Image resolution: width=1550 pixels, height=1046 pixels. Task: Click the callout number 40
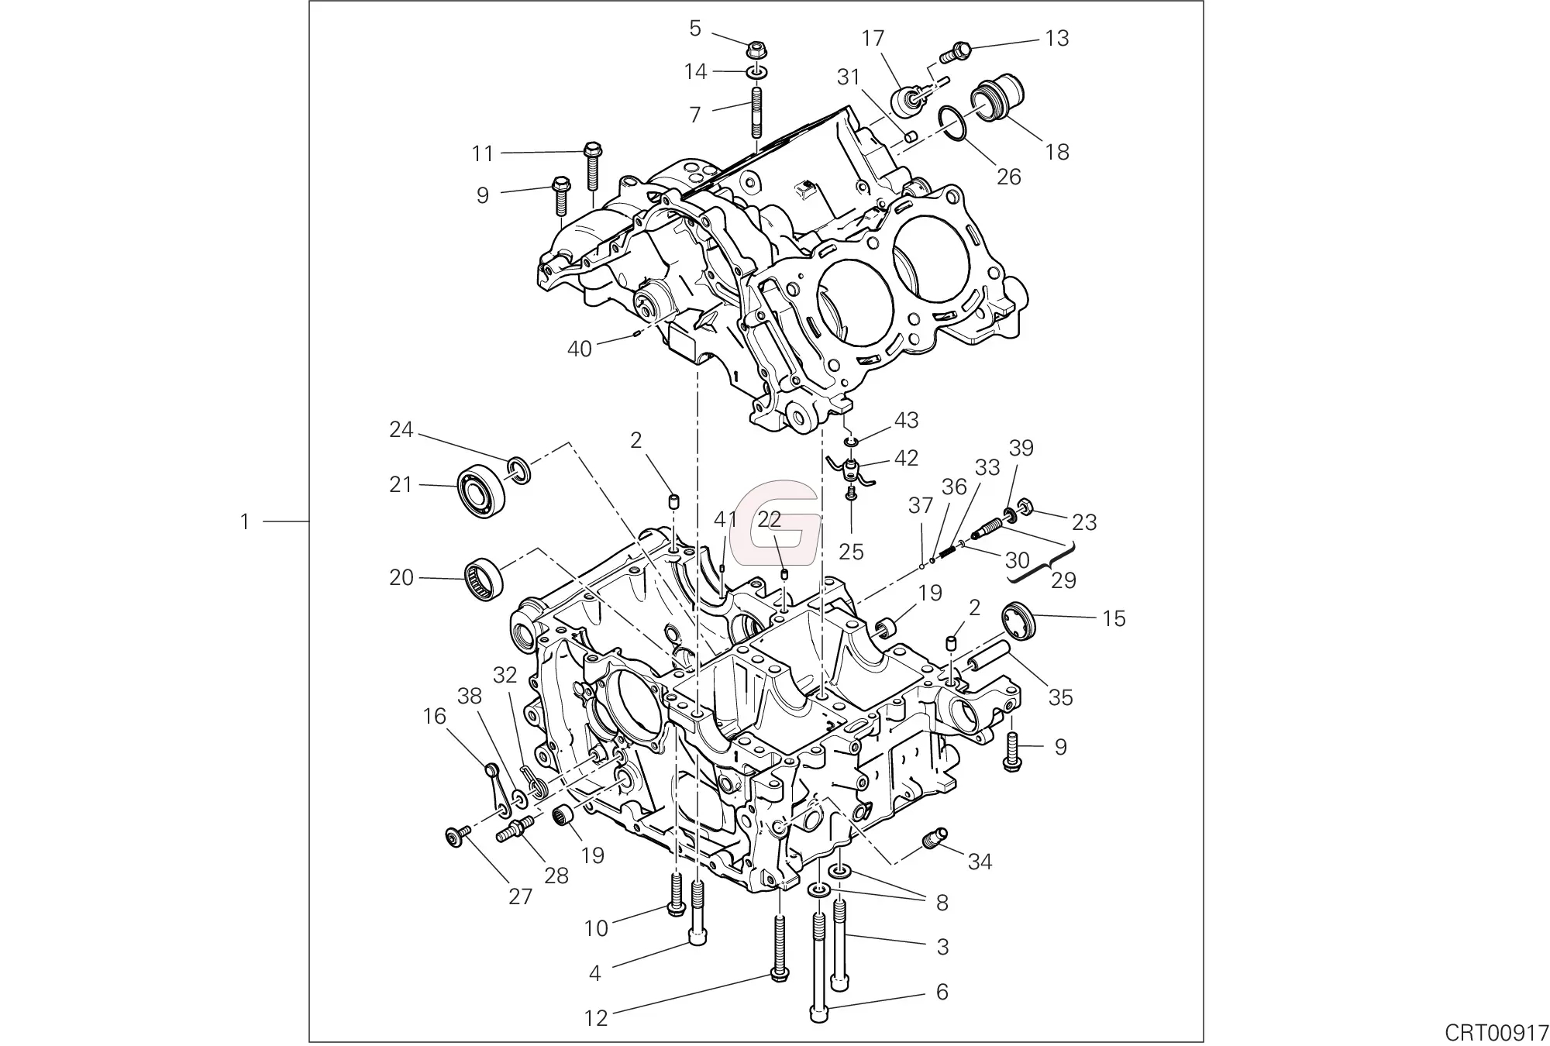(x=579, y=349)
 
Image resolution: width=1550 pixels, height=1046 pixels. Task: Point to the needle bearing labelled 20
(x=484, y=578)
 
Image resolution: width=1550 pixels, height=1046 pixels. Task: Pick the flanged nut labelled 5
(x=756, y=50)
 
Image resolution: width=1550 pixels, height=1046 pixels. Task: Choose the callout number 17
(x=873, y=38)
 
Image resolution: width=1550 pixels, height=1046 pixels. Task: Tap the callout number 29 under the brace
(x=1063, y=580)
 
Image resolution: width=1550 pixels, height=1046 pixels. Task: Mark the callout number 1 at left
(x=245, y=522)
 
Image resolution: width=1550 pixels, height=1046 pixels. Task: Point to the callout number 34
(x=980, y=861)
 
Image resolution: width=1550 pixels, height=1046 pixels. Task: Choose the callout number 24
(x=401, y=429)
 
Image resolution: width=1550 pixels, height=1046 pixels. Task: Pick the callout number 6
(x=942, y=992)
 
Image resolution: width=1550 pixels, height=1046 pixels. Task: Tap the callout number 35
(x=1060, y=697)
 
